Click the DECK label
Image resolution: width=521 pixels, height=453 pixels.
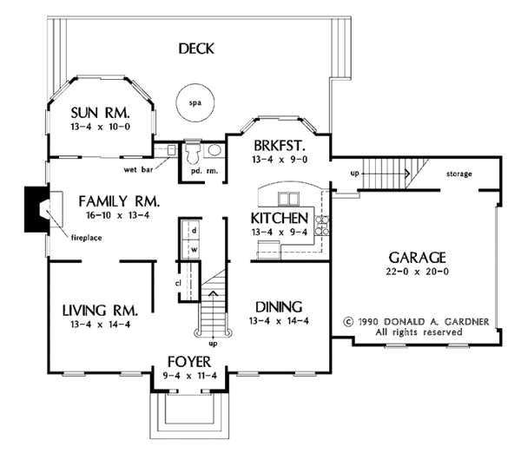point(196,49)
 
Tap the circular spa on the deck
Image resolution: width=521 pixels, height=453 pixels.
point(195,103)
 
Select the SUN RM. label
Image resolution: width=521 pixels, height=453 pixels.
point(100,113)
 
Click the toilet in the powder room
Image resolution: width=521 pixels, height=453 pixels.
point(193,154)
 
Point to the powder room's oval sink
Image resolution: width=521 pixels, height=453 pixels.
point(214,150)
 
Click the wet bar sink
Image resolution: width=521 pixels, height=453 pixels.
point(171,150)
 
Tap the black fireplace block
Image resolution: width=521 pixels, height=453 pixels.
point(36,209)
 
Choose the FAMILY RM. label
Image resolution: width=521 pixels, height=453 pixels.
point(119,201)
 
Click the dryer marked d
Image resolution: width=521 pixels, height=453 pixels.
point(191,230)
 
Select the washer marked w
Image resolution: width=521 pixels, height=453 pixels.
point(191,249)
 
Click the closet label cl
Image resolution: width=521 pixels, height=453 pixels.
point(178,283)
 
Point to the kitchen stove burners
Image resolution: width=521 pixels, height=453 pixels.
point(322,225)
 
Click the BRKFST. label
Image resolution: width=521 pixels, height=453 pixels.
point(279,146)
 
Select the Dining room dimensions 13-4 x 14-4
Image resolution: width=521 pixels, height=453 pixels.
point(279,321)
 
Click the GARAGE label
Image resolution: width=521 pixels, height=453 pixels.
point(418,258)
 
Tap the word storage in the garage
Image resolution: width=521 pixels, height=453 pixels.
point(458,174)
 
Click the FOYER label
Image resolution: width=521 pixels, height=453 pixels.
point(189,362)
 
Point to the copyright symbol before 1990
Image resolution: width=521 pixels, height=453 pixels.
point(348,321)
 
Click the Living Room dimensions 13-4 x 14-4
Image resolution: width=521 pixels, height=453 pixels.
point(100,325)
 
